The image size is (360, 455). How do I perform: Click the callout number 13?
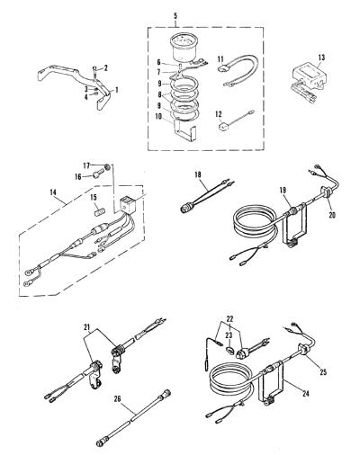tap(321, 57)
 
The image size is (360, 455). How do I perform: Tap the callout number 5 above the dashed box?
tap(175, 16)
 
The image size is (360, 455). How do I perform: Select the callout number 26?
tap(117, 399)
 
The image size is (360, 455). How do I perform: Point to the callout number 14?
tap(54, 193)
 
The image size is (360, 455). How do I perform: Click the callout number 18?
tap(198, 174)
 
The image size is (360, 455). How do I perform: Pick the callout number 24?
tap(305, 394)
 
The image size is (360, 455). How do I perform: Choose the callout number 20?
tap(332, 215)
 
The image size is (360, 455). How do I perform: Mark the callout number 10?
tap(159, 116)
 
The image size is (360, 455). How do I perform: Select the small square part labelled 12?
tap(222, 126)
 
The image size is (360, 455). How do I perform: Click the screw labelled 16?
tap(97, 174)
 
